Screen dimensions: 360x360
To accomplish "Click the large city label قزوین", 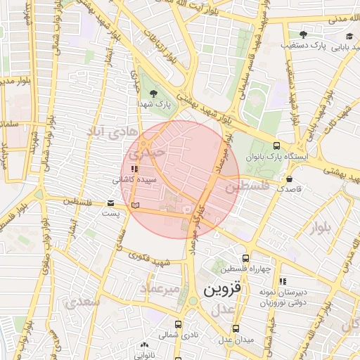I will click(x=222, y=289).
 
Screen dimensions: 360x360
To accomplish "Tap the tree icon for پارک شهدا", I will click(x=154, y=93).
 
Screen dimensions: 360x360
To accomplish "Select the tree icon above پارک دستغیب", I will click(x=303, y=34).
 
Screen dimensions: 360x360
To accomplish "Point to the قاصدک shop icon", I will click(x=290, y=179).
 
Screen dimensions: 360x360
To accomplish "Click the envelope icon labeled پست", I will click(x=111, y=202).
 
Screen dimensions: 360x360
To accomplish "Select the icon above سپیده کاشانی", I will click(x=134, y=169).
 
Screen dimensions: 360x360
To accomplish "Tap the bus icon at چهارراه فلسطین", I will click(x=245, y=258).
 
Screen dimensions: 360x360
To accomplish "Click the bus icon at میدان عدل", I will click(x=236, y=328).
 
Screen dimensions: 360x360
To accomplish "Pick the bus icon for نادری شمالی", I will click(x=178, y=325).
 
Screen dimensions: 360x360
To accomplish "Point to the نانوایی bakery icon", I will click(x=145, y=345).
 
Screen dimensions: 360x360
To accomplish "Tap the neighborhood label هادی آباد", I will click(x=105, y=131).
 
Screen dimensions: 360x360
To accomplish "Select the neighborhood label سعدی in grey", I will click(x=82, y=302).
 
